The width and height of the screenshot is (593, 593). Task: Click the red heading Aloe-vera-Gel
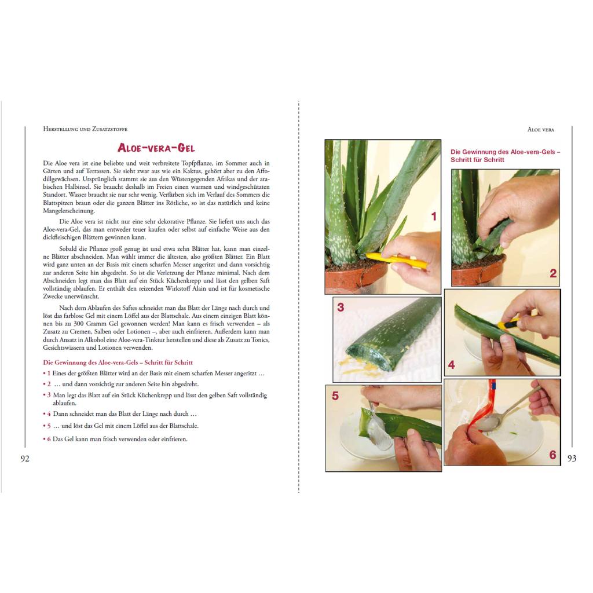coord(156,148)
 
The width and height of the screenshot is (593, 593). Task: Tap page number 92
coord(25,459)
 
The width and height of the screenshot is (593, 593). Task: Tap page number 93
coord(572,459)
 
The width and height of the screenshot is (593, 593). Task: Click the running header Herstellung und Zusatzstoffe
coord(85,129)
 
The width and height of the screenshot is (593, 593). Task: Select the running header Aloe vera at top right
coord(541,129)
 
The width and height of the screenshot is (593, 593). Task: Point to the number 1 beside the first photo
coord(434,217)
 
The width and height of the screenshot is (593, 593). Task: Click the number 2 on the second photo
coord(553,273)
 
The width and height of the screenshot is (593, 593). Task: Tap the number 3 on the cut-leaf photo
coord(341,307)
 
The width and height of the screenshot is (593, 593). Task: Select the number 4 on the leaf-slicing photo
coord(451,365)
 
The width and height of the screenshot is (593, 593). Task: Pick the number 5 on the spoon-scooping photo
coord(335,396)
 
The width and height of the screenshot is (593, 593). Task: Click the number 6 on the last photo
coord(552,455)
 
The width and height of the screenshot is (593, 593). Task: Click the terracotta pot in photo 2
coord(479,270)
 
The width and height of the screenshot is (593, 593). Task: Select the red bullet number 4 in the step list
coord(49,413)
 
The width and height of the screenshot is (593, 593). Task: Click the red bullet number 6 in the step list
coord(49,439)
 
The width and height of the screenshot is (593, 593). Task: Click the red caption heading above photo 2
coord(505,156)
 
